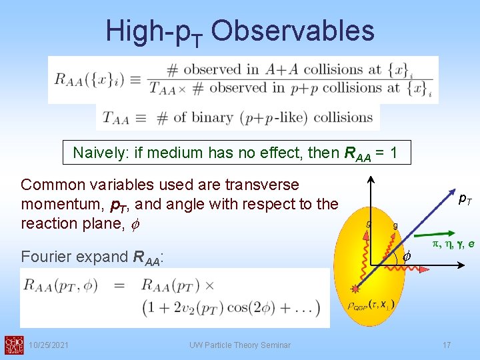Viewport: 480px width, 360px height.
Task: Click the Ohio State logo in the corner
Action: (x=13, y=344)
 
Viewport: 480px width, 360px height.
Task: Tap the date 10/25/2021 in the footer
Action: (x=52, y=345)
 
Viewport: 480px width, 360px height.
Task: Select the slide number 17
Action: (x=446, y=345)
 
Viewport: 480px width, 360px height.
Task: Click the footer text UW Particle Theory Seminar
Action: (x=239, y=345)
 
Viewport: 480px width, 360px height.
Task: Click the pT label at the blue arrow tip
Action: (x=465, y=198)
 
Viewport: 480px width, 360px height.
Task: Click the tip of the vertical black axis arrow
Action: (x=372, y=179)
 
